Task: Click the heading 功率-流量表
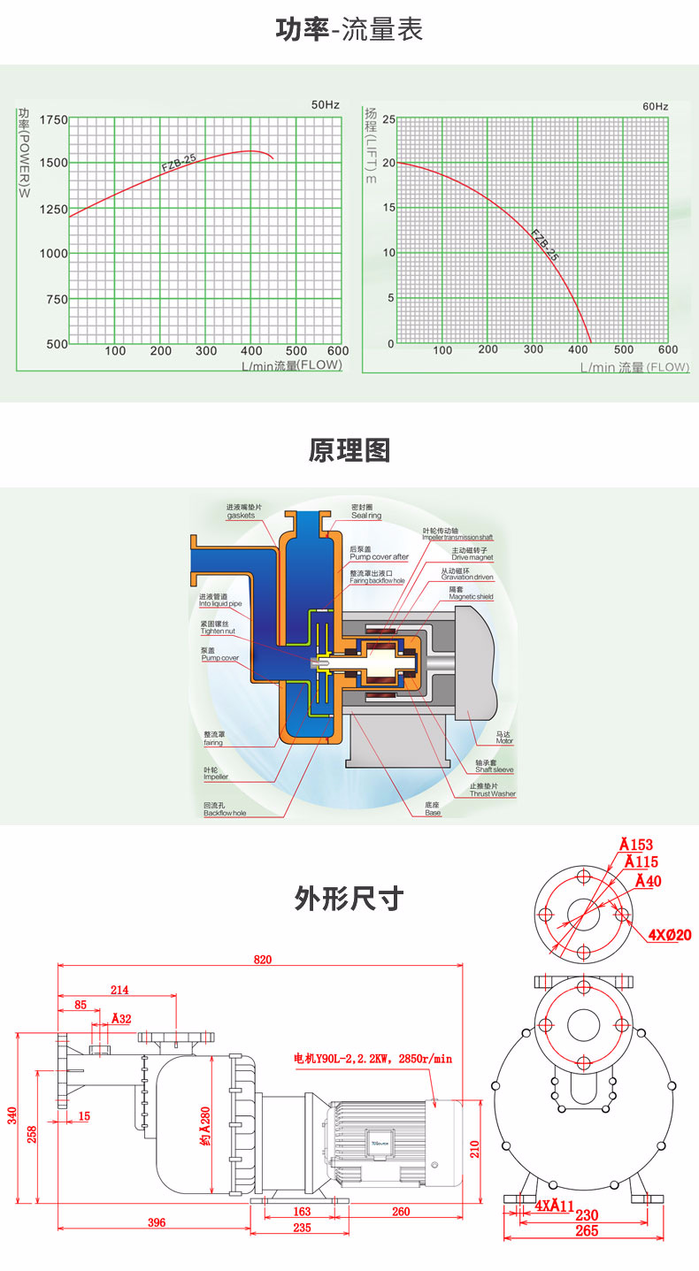click(x=349, y=30)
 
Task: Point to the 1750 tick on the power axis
click(x=54, y=119)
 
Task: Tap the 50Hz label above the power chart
click(x=325, y=105)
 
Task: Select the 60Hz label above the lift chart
click(x=655, y=106)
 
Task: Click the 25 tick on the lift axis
click(x=389, y=119)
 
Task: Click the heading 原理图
click(x=349, y=450)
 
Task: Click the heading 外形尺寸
click(x=349, y=899)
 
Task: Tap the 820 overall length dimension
click(x=263, y=959)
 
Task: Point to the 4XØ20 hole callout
click(x=670, y=934)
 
